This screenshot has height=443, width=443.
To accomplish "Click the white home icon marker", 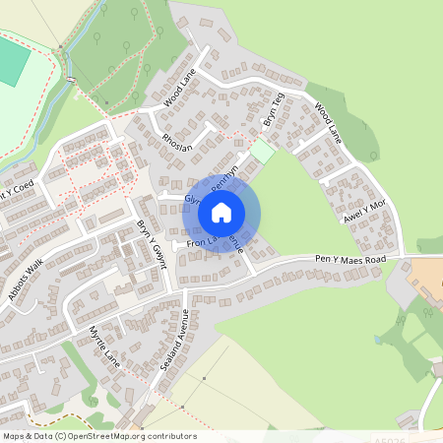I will pyautogui.click(x=221, y=212).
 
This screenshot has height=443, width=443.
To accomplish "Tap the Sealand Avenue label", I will pyautogui.click(x=174, y=341).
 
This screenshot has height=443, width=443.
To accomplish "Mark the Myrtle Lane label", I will pyautogui.click(x=103, y=346).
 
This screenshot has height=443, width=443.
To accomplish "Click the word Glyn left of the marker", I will pyautogui.click(x=191, y=199).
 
